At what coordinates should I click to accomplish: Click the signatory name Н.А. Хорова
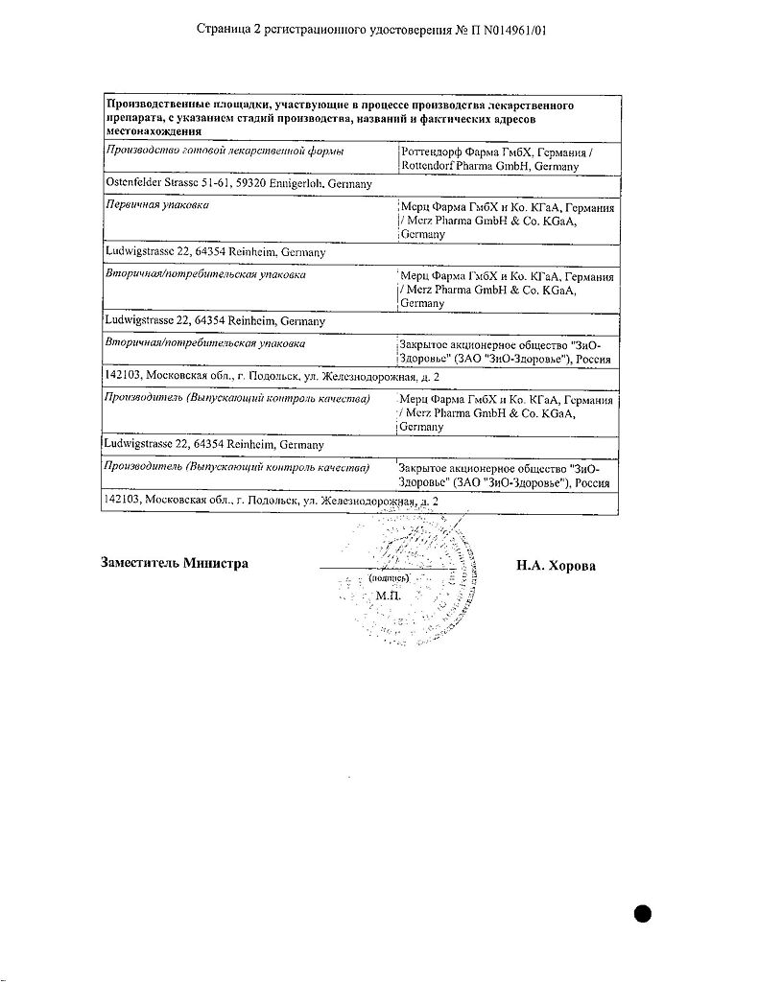click(x=556, y=566)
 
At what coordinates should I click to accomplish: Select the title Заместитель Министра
click(x=175, y=563)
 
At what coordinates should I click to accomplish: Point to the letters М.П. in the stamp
click(x=389, y=596)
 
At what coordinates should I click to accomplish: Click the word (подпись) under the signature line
click(x=389, y=579)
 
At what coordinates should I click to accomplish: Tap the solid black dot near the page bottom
click(x=642, y=912)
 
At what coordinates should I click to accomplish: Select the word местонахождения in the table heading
click(x=154, y=132)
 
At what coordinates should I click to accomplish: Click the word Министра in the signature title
click(x=216, y=563)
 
